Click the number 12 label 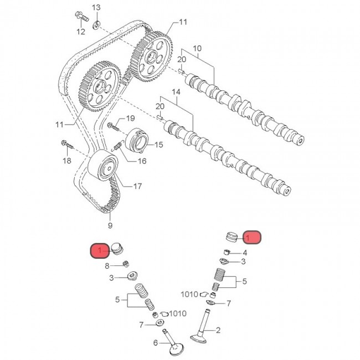(81, 32)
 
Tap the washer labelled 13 (97, 24)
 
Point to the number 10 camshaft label (198, 49)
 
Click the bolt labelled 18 (66, 145)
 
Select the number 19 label (131, 119)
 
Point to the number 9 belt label (110, 225)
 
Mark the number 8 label (107, 266)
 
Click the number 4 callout (244, 252)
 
